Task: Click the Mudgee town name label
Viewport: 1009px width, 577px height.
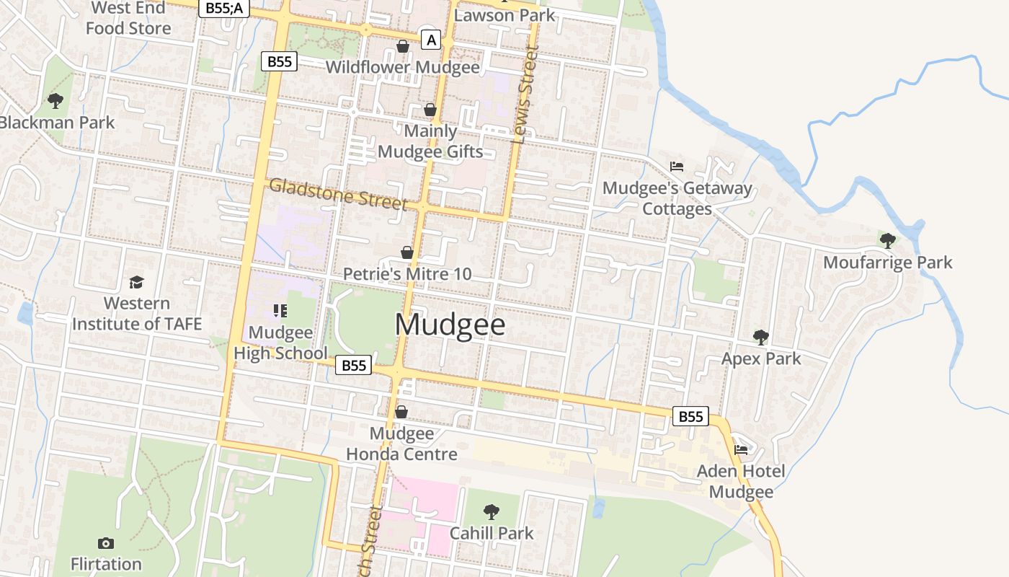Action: [450, 325]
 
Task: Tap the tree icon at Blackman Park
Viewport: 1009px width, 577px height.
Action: [55, 100]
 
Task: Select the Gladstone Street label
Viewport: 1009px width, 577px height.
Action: [338, 194]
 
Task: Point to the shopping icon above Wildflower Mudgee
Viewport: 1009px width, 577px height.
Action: [402, 47]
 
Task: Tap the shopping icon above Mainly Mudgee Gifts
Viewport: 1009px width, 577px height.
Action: [430, 110]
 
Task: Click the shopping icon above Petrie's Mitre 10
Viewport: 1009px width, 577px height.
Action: [407, 252]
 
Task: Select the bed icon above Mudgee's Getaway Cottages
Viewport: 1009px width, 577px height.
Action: [677, 167]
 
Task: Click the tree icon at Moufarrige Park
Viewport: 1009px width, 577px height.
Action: [888, 240]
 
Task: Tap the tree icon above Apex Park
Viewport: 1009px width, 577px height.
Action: [760, 337]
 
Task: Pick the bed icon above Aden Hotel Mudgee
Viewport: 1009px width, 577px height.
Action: [741, 450]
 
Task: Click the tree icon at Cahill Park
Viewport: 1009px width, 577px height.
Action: [492, 512]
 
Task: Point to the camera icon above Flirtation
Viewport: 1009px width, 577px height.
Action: [106, 543]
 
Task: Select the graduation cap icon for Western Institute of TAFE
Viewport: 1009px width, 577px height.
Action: [136, 282]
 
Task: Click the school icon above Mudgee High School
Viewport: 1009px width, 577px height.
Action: [280, 311]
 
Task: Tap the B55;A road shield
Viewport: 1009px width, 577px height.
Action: [223, 8]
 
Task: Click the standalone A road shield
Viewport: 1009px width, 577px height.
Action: [431, 40]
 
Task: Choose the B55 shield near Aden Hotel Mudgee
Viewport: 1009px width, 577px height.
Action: [690, 416]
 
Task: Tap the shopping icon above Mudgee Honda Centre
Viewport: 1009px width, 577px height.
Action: [401, 412]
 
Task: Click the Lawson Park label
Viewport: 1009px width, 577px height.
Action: [504, 14]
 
